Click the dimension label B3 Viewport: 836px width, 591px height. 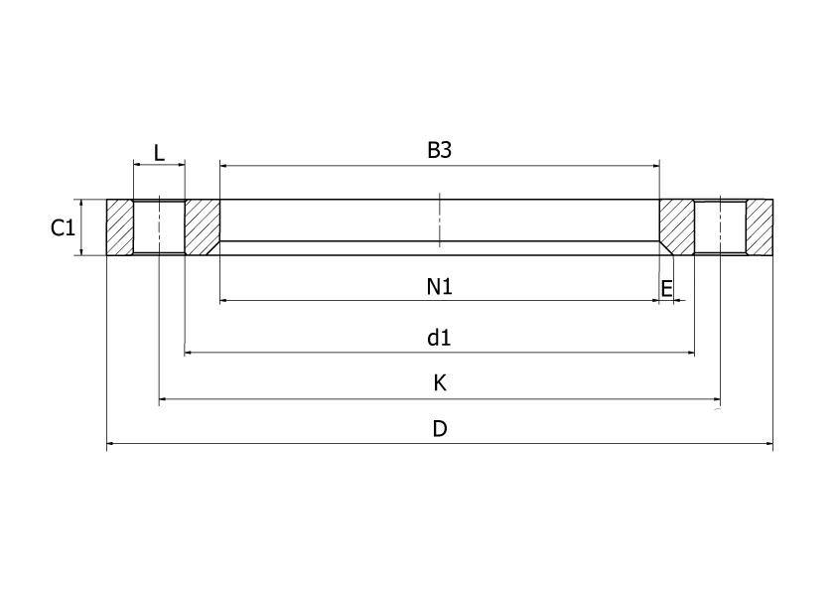click(440, 150)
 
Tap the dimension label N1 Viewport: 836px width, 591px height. click(440, 287)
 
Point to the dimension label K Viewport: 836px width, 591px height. click(440, 383)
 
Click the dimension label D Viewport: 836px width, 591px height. click(440, 429)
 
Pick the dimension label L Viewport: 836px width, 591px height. click(159, 153)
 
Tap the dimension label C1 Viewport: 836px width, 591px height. click(63, 228)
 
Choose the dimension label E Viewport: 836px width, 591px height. click(667, 288)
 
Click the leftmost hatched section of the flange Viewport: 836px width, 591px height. click(119, 227)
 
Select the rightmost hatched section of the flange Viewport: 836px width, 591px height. click(760, 227)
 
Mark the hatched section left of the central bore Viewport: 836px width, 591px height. click(203, 227)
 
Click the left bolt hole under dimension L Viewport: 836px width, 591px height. click(159, 227)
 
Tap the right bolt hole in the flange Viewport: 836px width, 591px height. click(720, 227)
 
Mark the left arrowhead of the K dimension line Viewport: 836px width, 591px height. click(164, 400)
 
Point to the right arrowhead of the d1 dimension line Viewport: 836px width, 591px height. click(690, 352)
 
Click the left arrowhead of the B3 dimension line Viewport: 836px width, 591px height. click(224, 166)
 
